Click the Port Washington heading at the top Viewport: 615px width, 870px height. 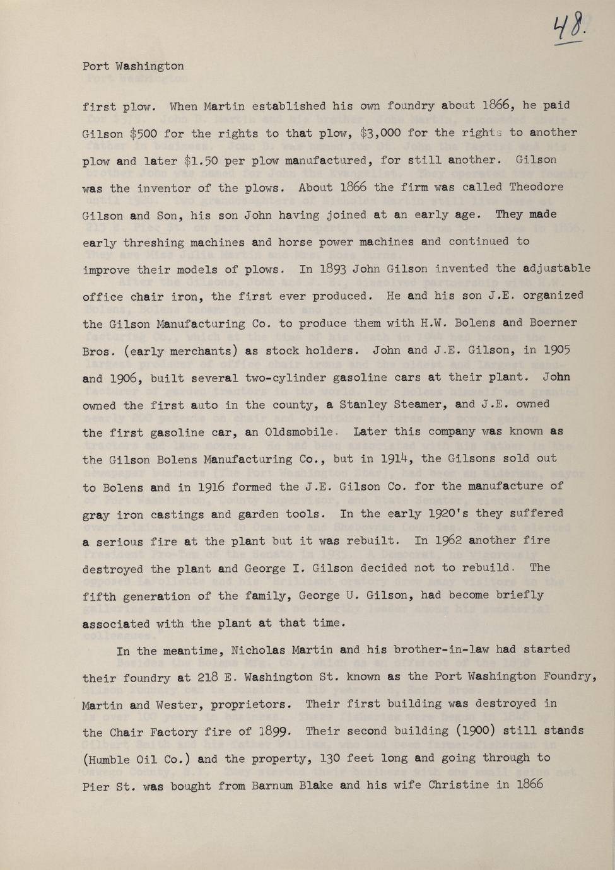pos(133,66)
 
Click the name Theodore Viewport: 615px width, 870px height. pos(536,187)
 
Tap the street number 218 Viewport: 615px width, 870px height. pos(208,677)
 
